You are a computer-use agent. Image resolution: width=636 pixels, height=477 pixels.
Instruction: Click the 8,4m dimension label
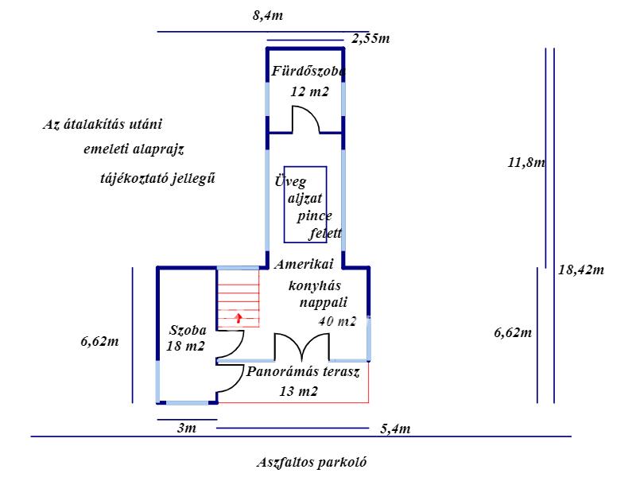[x=268, y=16]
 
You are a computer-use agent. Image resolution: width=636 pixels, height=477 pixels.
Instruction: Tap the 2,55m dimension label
[x=370, y=38]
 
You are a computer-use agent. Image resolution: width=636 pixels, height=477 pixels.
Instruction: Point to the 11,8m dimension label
[x=526, y=162]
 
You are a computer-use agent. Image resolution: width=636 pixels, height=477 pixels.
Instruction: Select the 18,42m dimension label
[x=581, y=270]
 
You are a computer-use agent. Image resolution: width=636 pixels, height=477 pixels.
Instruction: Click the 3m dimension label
[x=187, y=428]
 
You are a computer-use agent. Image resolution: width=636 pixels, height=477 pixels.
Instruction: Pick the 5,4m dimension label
[x=395, y=429]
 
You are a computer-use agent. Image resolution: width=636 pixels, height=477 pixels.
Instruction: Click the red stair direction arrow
[x=238, y=317]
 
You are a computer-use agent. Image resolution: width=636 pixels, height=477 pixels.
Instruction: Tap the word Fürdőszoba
[x=308, y=71]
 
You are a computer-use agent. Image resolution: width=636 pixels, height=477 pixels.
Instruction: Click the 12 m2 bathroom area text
[x=309, y=91]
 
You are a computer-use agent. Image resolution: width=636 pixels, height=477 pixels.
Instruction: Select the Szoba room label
[x=188, y=330]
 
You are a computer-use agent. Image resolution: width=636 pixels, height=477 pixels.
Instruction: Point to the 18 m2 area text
[x=185, y=346]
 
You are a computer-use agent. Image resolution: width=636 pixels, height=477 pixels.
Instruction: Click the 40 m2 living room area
[x=337, y=321]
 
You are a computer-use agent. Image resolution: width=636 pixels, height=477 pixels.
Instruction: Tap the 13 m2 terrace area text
[x=299, y=391]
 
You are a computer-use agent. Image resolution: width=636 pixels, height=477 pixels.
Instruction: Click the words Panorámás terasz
[x=303, y=371]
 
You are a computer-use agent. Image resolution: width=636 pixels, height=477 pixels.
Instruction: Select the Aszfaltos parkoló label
[x=312, y=462]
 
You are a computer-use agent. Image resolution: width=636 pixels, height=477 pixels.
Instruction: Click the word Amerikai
[x=304, y=264]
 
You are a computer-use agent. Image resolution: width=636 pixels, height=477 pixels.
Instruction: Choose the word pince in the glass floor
[x=314, y=216]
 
